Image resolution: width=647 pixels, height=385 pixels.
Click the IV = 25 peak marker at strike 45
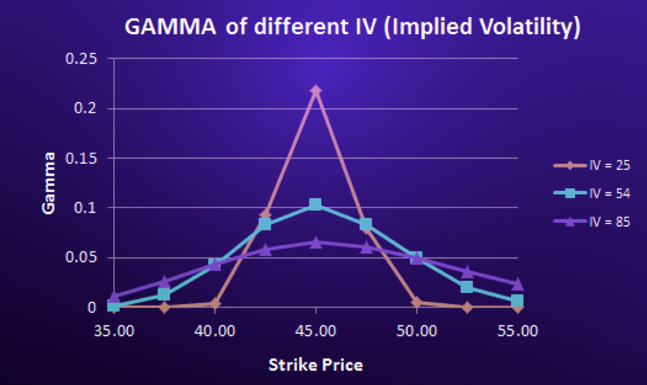pos(315,90)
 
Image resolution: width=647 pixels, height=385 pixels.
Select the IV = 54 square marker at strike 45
pos(315,205)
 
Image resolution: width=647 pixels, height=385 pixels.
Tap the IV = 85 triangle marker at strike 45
pos(315,242)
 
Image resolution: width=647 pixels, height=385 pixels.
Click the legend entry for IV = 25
pos(592,165)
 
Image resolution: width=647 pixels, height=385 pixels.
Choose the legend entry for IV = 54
pos(592,194)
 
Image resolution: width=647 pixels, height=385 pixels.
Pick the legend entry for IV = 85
pos(592,222)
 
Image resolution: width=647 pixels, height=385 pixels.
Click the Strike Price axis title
pos(315,365)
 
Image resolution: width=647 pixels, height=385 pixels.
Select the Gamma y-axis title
pos(49,183)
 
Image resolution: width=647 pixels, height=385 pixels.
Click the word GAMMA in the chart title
pos(170,26)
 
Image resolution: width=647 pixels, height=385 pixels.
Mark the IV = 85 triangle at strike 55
pos(517,284)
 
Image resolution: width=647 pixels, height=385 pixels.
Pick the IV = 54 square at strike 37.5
pos(164,294)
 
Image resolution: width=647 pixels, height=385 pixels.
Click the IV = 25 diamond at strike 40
pos(214,303)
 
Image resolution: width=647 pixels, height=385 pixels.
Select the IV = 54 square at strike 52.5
pos(467,287)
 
